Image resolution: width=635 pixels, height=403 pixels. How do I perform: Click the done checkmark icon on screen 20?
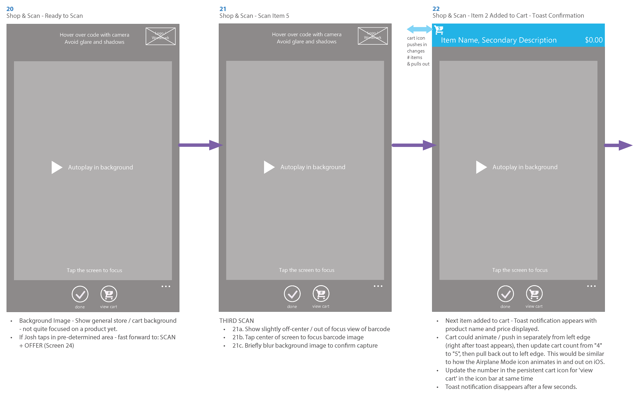coord(80,294)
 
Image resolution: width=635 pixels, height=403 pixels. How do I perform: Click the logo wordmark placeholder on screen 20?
coord(160,36)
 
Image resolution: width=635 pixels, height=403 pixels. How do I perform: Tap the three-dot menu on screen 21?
coord(378,286)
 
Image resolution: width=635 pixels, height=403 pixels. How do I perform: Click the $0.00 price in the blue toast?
coord(594,40)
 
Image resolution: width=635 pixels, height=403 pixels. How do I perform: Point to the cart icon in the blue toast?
coord(439,30)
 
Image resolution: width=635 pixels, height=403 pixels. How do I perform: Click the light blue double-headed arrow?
coord(419,29)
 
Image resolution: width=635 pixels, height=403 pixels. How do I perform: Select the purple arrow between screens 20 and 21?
coord(200,145)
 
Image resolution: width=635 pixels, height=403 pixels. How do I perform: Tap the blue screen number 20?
coord(10,9)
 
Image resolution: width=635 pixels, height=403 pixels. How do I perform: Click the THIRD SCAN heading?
coord(236,321)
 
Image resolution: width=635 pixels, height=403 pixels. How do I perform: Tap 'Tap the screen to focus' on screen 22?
coord(520,270)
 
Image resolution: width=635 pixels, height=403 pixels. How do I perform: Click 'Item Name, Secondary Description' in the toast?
coord(499,40)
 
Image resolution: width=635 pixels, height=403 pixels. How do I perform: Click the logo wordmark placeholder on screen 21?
coord(373,36)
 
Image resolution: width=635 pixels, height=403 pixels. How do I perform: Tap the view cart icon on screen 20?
coord(109,294)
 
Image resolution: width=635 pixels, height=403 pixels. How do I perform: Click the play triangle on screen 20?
coord(56,167)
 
